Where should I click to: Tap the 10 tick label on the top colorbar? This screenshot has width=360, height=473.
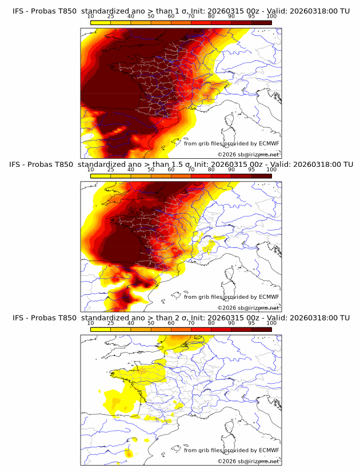(x=91, y=16)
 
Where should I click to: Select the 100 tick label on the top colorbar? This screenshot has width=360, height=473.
(x=271, y=16)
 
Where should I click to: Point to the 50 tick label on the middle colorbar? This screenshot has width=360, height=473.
(x=151, y=170)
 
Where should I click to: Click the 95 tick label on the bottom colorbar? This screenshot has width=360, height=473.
(x=251, y=323)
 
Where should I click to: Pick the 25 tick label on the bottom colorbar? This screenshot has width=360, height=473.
(x=111, y=323)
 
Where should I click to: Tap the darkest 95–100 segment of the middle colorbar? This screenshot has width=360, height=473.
(x=262, y=176)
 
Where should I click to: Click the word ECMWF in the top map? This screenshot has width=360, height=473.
(x=269, y=143)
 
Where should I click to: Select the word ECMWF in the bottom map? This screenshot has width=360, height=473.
(x=269, y=450)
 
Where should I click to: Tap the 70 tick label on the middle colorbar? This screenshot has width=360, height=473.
(x=191, y=170)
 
